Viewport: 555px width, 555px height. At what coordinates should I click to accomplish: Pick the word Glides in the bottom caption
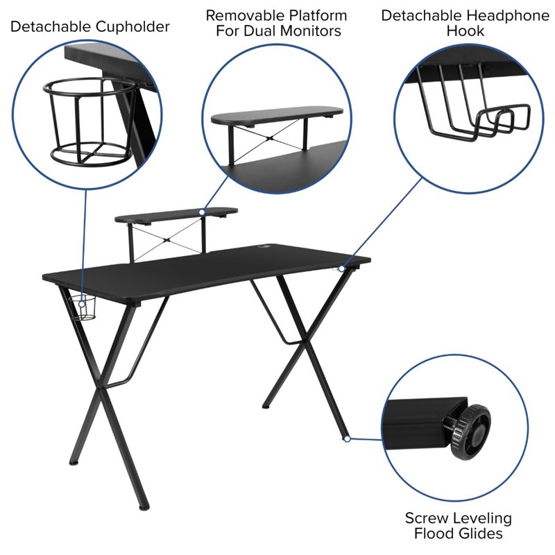(x=480, y=533)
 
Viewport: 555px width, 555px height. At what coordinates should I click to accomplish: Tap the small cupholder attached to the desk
(x=86, y=307)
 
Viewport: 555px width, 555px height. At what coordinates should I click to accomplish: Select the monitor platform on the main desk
(x=177, y=215)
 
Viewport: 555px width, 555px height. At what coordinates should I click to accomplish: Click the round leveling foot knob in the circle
(x=470, y=432)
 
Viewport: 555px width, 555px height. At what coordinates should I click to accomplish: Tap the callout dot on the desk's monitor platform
(x=202, y=212)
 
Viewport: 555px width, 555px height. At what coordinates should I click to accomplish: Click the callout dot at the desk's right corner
(x=341, y=268)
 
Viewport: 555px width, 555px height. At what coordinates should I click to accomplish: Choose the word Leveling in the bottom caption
(x=486, y=518)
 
